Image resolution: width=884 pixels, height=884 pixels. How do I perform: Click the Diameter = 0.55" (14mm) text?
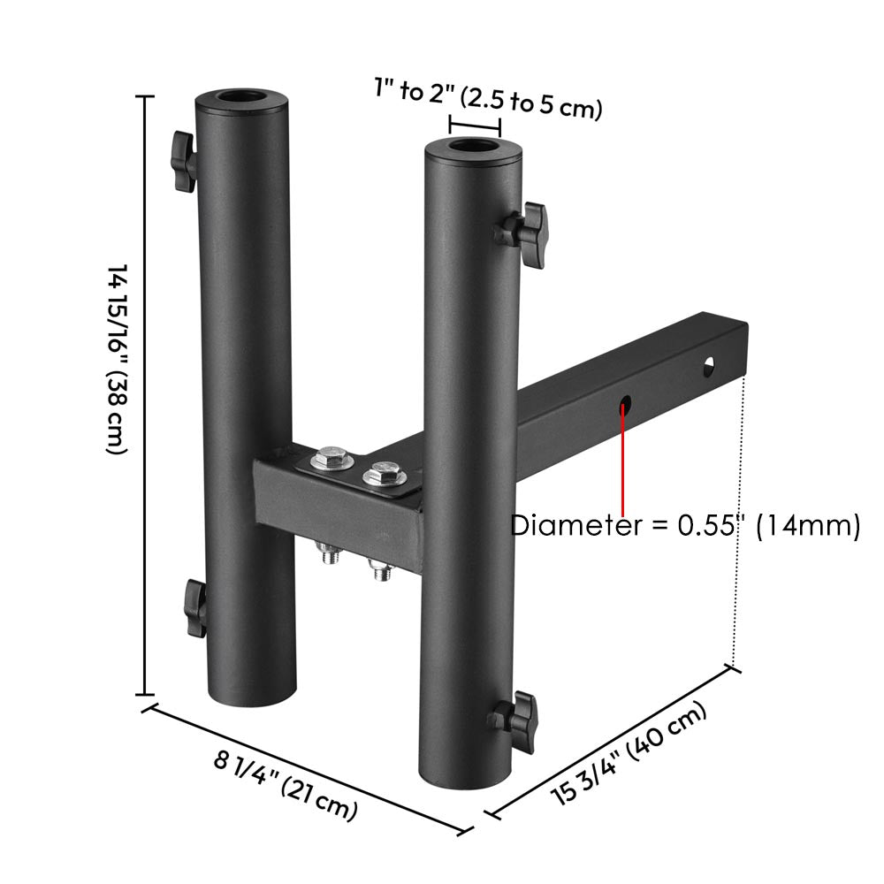(x=685, y=526)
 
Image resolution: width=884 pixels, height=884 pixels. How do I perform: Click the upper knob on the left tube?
(x=183, y=160)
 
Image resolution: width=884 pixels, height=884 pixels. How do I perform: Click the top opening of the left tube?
(x=243, y=97)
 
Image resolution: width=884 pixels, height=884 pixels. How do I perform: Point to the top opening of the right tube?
(x=475, y=146)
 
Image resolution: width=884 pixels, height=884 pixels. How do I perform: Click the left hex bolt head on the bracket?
(x=331, y=459)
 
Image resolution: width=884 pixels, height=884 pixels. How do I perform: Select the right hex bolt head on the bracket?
(x=383, y=473)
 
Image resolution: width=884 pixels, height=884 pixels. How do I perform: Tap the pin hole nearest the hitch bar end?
(x=710, y=364)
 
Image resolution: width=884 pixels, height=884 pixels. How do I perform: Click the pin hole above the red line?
(x=626, y=403)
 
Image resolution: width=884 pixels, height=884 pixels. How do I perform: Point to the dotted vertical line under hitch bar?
(x=740, y=522)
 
